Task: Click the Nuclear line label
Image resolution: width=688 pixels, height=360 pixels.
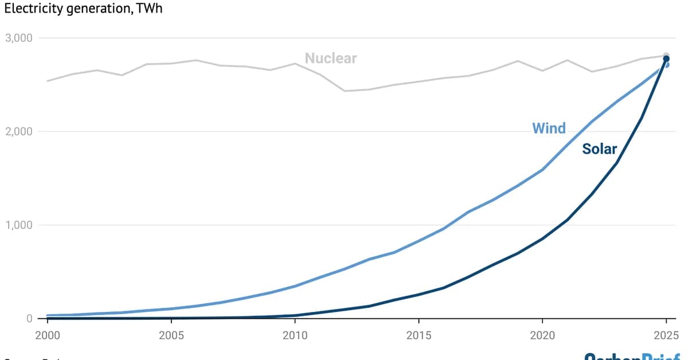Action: coord(330,58)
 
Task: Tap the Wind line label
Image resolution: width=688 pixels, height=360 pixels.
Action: coord(549,128)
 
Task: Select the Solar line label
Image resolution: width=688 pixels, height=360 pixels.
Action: coord(599,149)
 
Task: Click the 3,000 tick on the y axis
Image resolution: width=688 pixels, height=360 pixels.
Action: coord(19,38)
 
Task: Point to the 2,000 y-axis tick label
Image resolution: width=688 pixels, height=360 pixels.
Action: coord(19,132)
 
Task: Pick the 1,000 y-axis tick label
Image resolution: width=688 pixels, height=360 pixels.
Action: coord(19,225)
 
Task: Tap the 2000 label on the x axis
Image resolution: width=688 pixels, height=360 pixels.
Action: coord(47,334)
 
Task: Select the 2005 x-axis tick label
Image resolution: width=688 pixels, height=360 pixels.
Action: coord(171,334)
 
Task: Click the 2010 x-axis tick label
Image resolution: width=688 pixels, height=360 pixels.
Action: coord(295,334)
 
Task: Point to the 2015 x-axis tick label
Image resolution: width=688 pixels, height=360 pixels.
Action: coord(419,334)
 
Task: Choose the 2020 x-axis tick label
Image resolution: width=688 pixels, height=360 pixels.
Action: coord(542,334)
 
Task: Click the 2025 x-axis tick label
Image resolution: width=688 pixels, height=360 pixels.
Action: coord(666,334)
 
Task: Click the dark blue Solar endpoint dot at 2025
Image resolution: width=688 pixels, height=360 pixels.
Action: coord(666,59)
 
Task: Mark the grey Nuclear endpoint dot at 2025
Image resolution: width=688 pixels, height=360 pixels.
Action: coord(666,56)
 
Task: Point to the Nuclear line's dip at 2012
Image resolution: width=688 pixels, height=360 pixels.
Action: coord(345,91)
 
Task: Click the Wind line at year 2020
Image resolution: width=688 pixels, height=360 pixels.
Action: coord(542,170)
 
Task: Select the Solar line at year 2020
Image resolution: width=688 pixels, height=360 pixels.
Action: coord(542,238)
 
